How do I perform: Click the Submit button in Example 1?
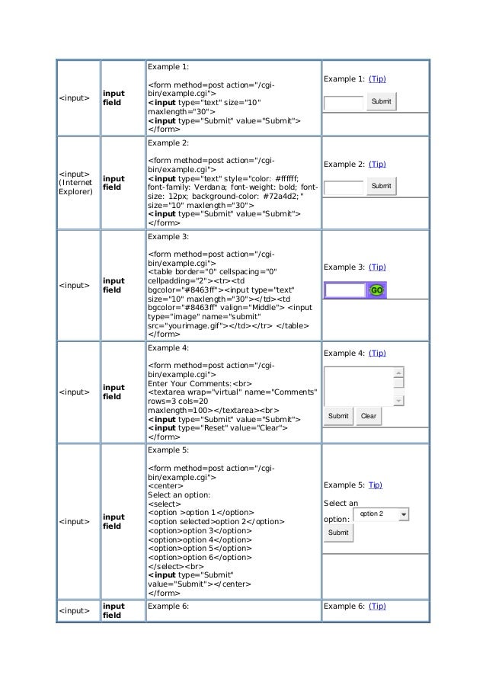coord(381,102)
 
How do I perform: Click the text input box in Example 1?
coord(343,102)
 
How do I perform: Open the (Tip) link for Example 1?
coord(377,79)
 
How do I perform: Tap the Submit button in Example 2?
coord(381,186)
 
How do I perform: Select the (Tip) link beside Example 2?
coord(377,164)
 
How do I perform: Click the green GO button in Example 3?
coord(376,290)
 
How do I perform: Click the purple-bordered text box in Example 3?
coord(345,290)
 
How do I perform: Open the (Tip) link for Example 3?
coord(377,267)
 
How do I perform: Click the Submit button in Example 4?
coord(338,417)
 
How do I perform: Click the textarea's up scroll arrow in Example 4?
coord(398,373)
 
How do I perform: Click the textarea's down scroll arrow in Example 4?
coord(398,401)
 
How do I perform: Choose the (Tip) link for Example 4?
coord(377,354)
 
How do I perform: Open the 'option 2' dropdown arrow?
coord(403,515)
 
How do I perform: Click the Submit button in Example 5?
coord(338,533)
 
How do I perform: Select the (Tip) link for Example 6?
coord(377,606)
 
